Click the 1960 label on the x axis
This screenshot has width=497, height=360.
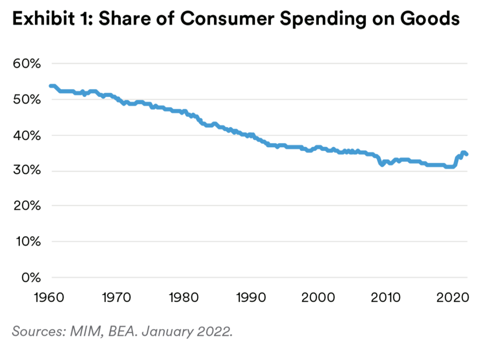[x=50, y=296]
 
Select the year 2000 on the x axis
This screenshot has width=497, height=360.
[x=318, y=296]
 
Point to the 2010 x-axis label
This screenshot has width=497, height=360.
[x=386, y=296]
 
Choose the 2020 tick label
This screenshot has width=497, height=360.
[x=452, y=296]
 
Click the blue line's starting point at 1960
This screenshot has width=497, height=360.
[x=50, y=86]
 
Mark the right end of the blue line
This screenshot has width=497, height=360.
[x=466, y=154]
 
